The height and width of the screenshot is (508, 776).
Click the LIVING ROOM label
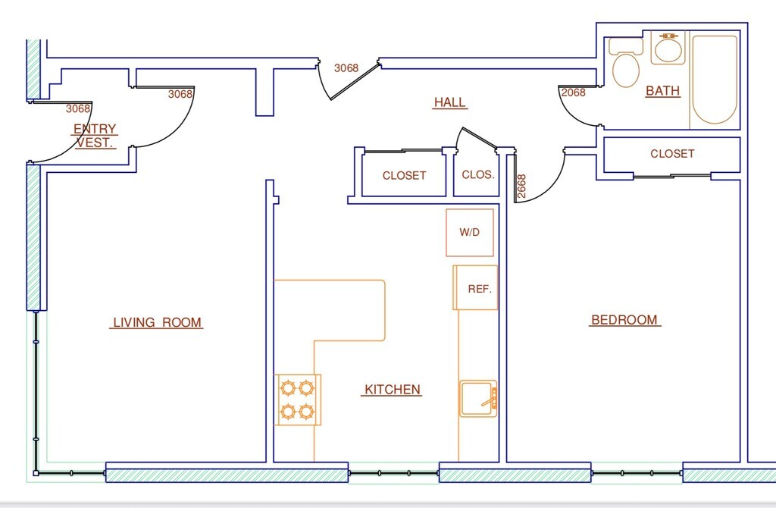158,322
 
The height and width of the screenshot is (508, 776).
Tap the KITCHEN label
393,390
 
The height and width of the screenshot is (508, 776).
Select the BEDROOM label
624,320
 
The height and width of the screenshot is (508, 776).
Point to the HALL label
450,102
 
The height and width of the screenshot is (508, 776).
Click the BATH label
662,91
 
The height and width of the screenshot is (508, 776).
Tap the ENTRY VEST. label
95,136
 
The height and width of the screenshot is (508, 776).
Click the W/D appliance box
470,233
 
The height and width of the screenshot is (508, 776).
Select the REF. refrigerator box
475,287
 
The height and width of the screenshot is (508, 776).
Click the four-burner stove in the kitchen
297,400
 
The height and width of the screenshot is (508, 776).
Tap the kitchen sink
479,399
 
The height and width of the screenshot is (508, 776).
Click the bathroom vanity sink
668,48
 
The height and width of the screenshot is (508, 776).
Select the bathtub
714,79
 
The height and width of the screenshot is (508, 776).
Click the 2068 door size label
573,93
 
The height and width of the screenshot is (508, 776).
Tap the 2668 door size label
521,187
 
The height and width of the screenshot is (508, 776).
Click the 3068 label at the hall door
346,68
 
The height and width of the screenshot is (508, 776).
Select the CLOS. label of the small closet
478,175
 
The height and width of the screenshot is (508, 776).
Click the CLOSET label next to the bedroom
672,154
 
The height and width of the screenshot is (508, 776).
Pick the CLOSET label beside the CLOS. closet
405,176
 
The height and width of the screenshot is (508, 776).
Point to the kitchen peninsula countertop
349,310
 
